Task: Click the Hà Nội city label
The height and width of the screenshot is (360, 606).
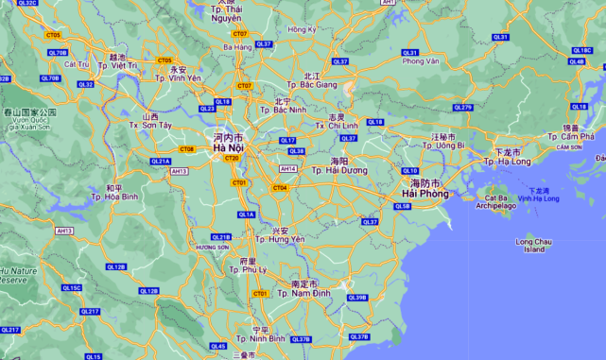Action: point(229,147)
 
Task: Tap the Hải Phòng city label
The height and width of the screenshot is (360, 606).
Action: point(415,194)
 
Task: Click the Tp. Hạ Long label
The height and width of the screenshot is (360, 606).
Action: point(508,161)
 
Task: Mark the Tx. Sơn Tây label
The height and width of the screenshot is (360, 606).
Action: point(151,125)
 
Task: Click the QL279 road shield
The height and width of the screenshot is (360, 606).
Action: point(462,108)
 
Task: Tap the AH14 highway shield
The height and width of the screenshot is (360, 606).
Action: point(288,169)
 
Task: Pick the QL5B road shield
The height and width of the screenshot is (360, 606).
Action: point(403,206)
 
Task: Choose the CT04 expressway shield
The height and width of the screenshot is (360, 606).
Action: point(280,187)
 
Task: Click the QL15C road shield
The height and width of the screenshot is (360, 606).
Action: point(72,287)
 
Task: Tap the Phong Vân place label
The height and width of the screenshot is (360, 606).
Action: point(421,61)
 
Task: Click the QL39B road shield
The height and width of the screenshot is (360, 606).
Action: point(356,298)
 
